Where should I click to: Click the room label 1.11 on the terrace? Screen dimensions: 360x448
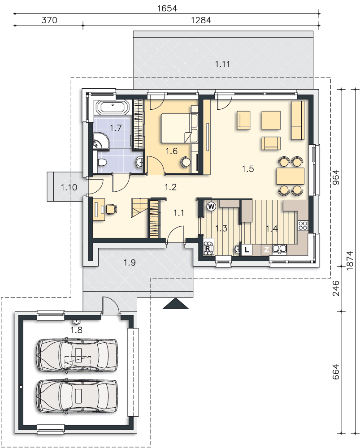(222, 64)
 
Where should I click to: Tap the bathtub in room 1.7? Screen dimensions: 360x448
(113, 108)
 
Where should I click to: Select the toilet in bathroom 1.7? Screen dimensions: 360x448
(101, 162)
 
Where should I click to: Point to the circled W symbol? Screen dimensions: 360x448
(211, 206)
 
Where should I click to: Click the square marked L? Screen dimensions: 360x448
(247, 250)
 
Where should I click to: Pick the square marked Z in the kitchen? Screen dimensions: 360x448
(266, 250)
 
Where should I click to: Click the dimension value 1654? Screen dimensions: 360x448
(167, 8)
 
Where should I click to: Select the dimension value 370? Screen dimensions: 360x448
(49, 20)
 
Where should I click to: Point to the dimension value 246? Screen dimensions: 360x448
(336, 288)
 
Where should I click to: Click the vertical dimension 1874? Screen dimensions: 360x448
(349, 261)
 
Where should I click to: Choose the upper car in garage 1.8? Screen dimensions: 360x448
(77, 355)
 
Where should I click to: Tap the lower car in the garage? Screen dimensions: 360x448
(77, 396)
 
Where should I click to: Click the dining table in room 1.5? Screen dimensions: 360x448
(290, 176)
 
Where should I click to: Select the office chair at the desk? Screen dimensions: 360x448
(112, 209)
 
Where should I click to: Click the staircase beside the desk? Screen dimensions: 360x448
(139, 208)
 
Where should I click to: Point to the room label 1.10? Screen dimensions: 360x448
(69, 187)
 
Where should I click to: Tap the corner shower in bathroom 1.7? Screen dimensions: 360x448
(101, 141)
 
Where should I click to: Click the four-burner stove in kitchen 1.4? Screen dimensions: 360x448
(303, 225)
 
